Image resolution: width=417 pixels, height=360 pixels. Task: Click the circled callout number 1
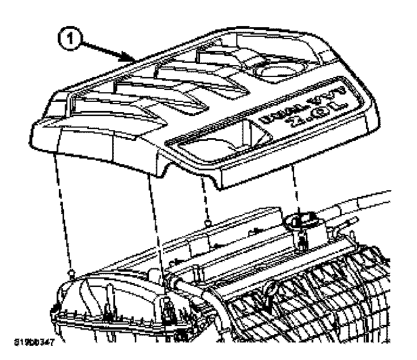pyautogui.click(x=71, y=40)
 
